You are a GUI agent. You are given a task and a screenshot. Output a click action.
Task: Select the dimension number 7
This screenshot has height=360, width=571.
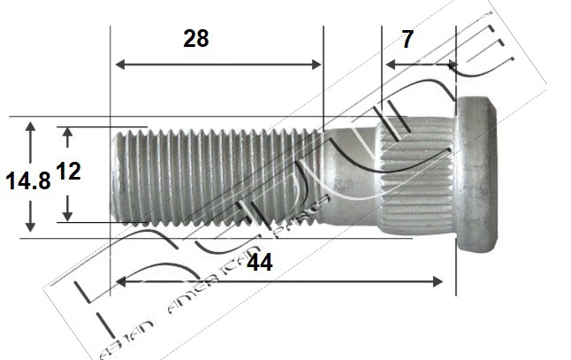coord(407,40)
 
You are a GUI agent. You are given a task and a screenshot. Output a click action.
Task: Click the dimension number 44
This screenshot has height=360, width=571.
coord(262,263)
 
